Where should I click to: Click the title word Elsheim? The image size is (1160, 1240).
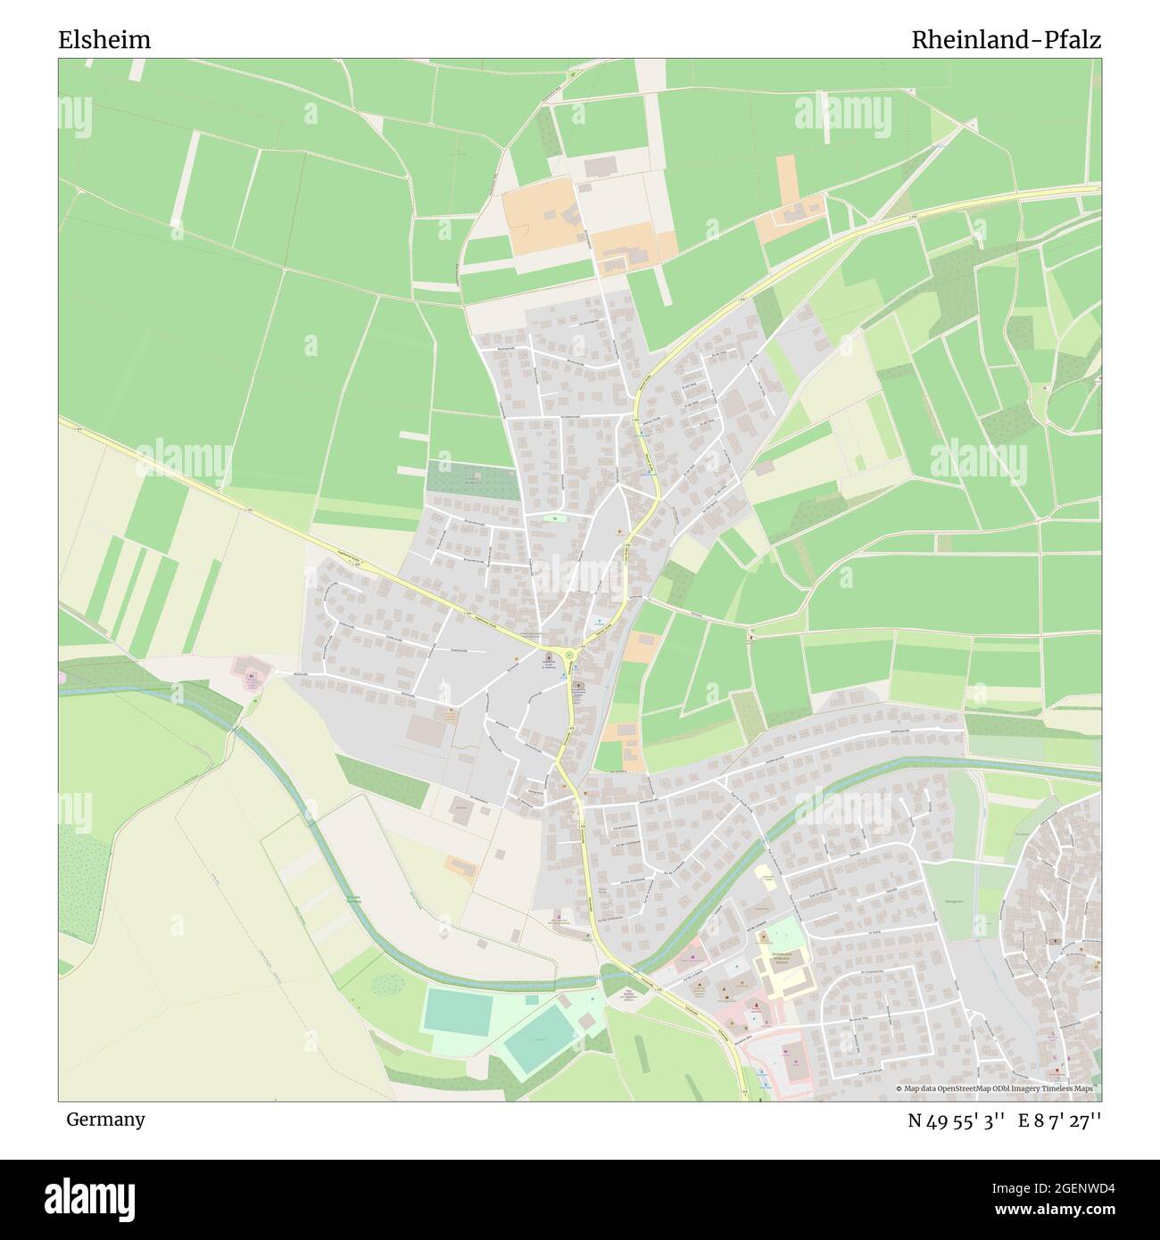click(x=104, y=40)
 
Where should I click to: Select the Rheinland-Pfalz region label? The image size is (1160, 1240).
click(x=1006, y=40)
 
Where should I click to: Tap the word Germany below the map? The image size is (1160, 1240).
click(x=105, y=1119)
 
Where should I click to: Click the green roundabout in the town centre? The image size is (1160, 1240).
click(x=569, y=656)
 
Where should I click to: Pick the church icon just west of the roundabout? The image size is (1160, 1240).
click(x=548, y=658)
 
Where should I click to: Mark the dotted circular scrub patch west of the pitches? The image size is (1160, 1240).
click(x=387, y=983)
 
